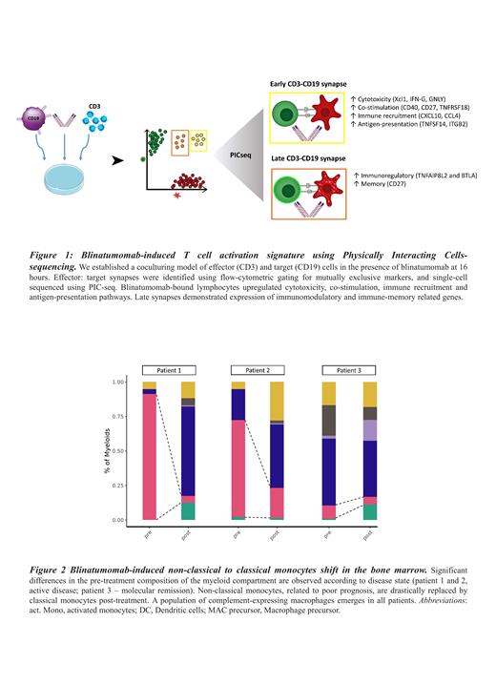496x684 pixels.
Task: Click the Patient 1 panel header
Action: [168, 370]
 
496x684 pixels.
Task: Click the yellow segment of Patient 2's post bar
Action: [277, 401]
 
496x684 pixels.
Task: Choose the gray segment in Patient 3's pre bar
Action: [328, 420]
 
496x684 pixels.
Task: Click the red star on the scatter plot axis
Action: [177, 196]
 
